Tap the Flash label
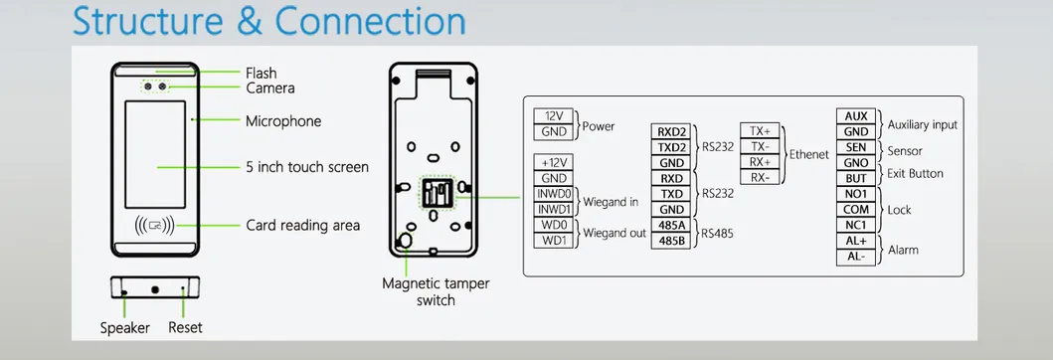(262, 73)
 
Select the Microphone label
(283, 121)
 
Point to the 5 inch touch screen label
(307, 167)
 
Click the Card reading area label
(303, 226)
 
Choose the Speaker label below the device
(124, 328)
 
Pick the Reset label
(185, 328)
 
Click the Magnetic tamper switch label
(436, 292)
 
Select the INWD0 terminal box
(554, 193)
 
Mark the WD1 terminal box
(554, 241)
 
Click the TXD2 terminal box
(671, 147)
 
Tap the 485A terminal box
(671, 226)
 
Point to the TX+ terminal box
(761, 131)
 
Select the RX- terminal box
(761, 178)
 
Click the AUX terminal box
(856, 116)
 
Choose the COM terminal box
(856, 209)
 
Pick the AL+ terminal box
(856, 241)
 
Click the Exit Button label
(916, 174)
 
